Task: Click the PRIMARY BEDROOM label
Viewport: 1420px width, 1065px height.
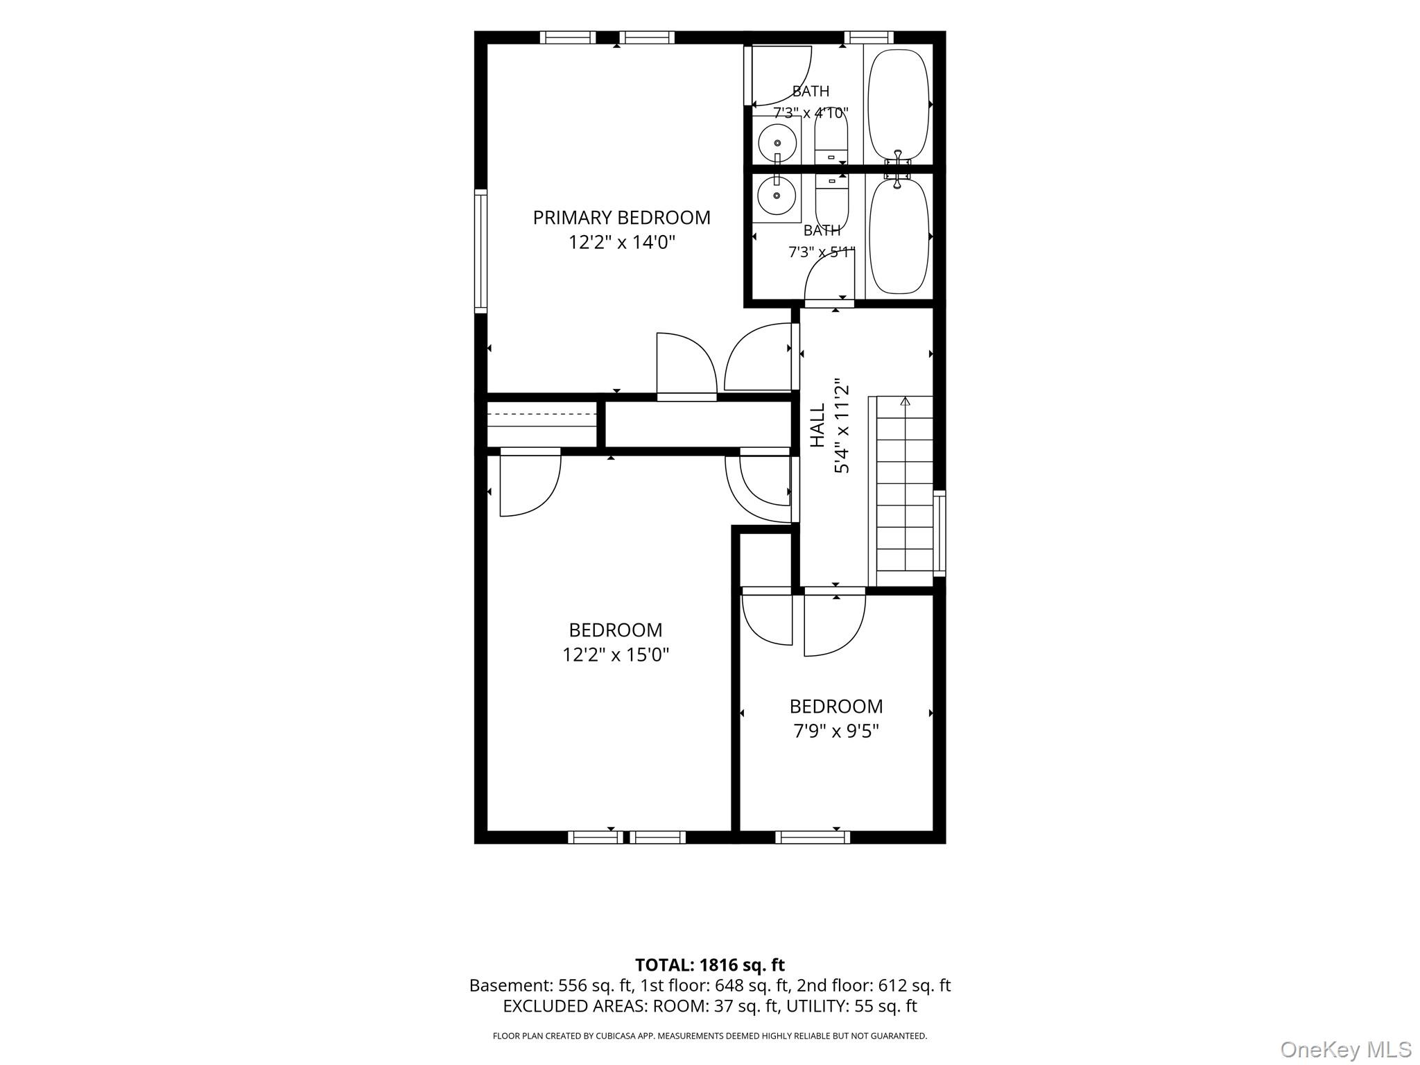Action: coord(621,218)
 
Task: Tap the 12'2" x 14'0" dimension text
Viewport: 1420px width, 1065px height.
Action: coord(622,242)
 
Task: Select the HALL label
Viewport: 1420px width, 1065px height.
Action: coord(818,425)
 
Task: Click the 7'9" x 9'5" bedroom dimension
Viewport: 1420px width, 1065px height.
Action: coord(836,731)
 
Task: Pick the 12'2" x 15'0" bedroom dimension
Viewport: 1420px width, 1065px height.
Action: coord(616,655)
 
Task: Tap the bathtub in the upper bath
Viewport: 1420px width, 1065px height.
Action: coord(899,105)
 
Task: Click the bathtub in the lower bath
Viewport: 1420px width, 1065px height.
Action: coord(899,236)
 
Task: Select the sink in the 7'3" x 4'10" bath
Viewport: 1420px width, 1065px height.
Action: coord(777,143)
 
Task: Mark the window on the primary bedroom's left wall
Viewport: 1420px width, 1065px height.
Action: coord(480,250)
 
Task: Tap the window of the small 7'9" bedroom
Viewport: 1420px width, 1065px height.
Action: coord(813,837)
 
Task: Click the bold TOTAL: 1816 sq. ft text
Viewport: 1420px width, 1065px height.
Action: coord(710,964)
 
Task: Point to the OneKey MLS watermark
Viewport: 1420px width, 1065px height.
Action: coord(1346,1049)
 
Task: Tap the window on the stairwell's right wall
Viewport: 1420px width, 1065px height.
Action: coord(940,533)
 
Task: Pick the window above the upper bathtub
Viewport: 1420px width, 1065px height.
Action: coord(869,37)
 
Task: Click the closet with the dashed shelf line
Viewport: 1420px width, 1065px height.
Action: coord(542,424)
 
